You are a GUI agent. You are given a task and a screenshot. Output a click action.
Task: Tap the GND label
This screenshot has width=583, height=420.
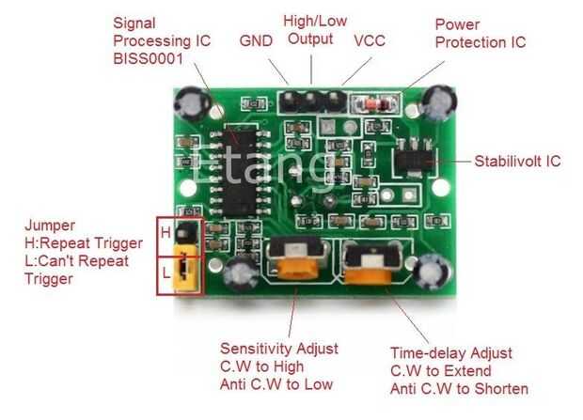pyautogui.click(x=256, y=40)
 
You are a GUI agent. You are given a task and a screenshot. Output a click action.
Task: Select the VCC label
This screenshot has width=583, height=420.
pyautogui.click(x=368, y=40)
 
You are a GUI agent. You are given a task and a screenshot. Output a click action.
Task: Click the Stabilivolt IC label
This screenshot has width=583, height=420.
pyautogui.click(x=517, y=161)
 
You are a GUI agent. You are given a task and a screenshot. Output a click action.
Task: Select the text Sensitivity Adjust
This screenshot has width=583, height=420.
pyautogui.click(x=279, y=350)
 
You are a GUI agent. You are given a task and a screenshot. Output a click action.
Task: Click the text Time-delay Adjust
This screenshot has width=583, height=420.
pyautogui.click(x=451, y=353)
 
